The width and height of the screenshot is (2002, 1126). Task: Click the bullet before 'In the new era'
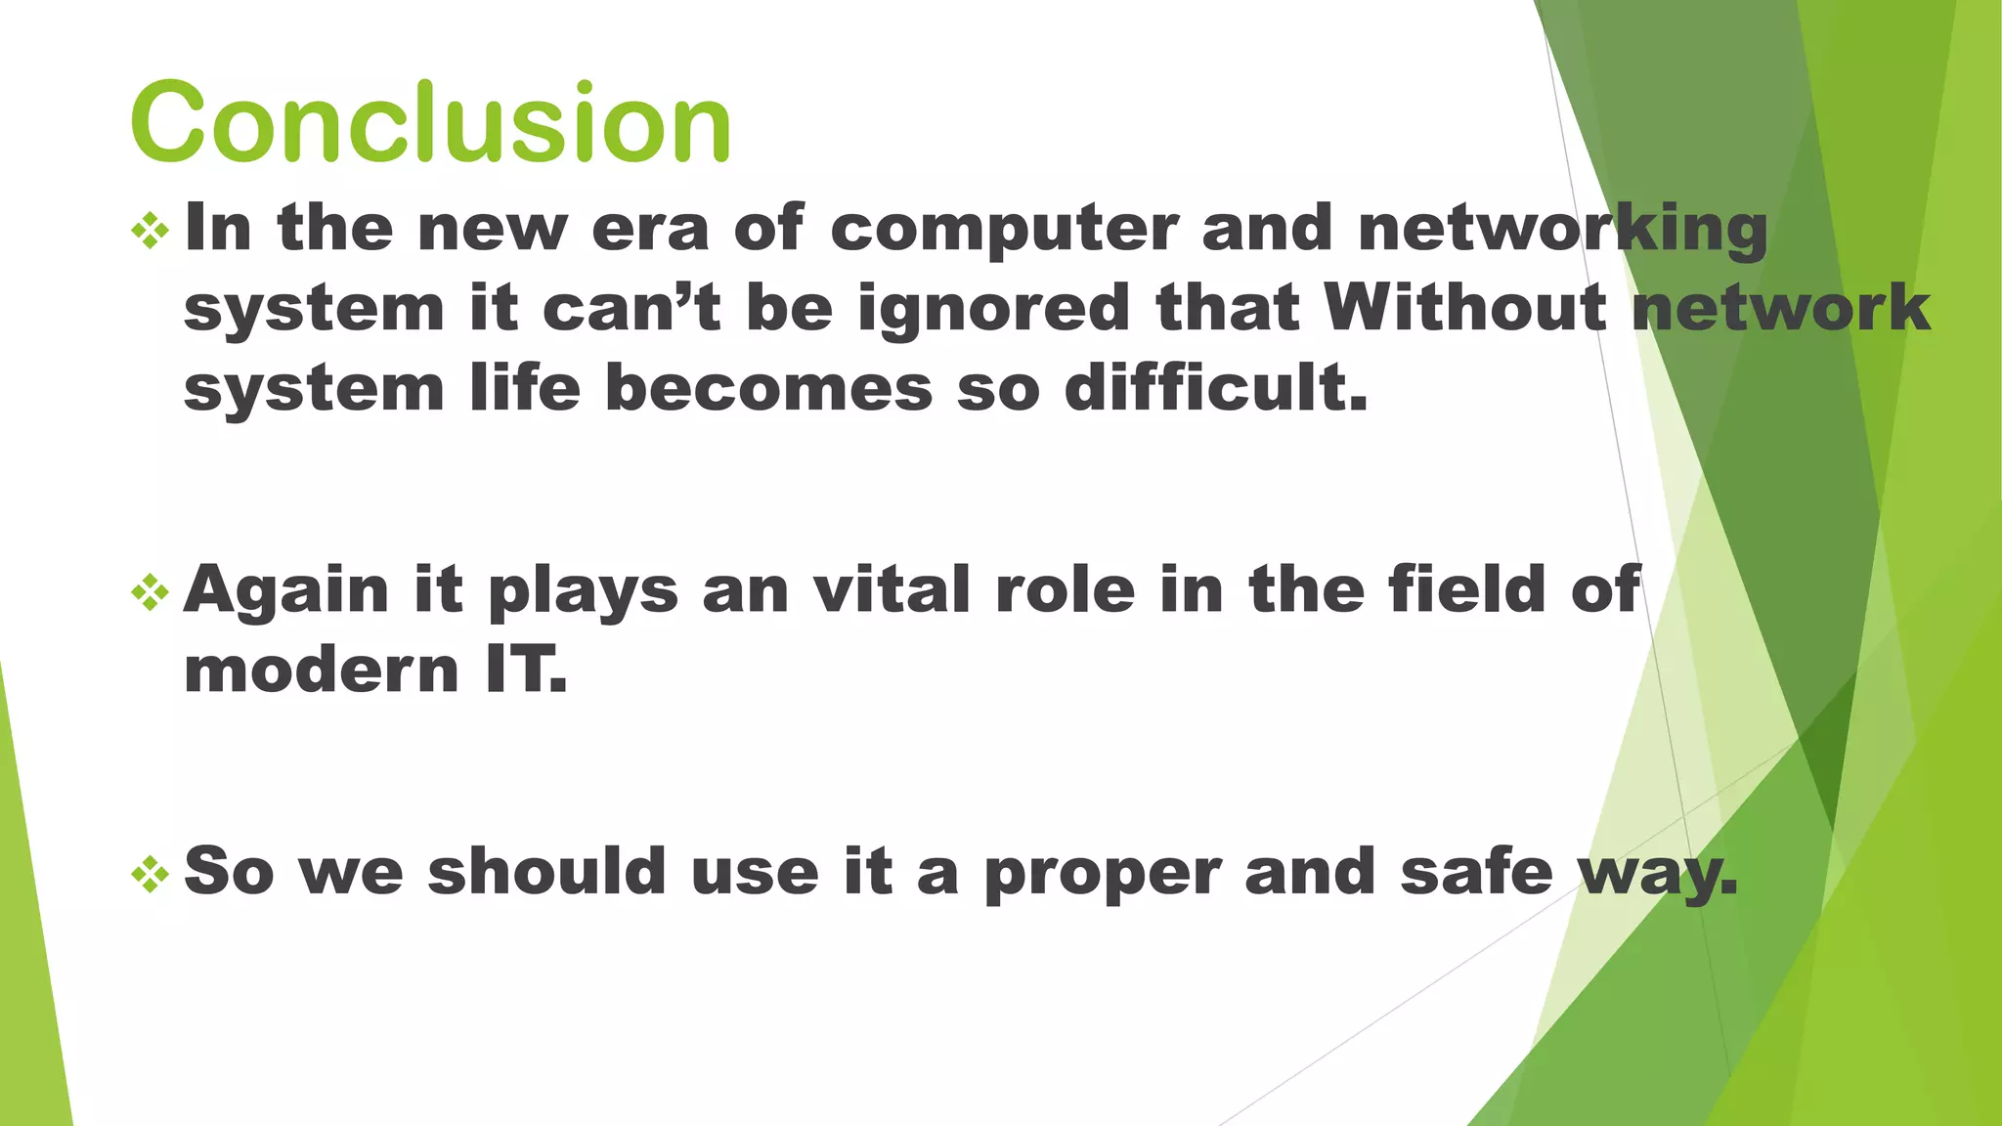point(150,231)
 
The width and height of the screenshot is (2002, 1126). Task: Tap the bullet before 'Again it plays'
point(150,592)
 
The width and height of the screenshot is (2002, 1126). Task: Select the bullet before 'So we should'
point(150,874)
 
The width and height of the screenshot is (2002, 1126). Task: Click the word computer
point(1005,231)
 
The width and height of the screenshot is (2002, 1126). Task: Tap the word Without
point(1465,309)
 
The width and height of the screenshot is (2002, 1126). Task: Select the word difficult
point(1215,389)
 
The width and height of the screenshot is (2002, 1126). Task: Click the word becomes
point(769,389)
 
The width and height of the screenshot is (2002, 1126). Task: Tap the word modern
point(321,672)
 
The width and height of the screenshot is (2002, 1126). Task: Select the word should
point(547,872)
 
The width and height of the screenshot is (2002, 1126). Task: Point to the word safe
point(1476,872)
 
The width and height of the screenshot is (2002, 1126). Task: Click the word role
point(1065,591)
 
